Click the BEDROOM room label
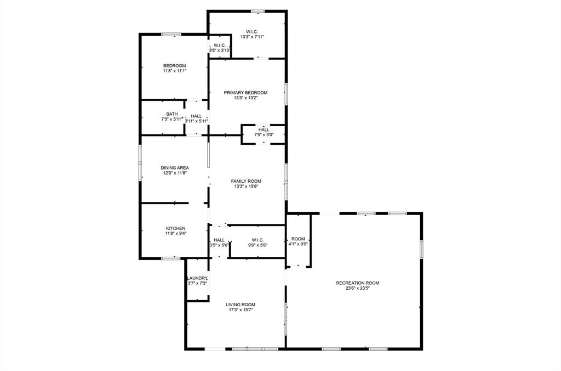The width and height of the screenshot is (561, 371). pos(174,65)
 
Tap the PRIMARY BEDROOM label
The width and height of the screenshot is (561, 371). pos(245,92)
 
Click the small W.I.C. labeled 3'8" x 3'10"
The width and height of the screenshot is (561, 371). pos(219,46)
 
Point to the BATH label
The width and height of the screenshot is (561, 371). pos(171,114)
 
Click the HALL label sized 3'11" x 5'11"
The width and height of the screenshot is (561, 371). pos(196,116)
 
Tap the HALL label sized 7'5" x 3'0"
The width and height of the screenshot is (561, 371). pos(264,130)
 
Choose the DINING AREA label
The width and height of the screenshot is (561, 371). pos(175,167)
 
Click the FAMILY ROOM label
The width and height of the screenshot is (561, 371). pos(245,181)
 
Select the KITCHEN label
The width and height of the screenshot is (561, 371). pos(176,228)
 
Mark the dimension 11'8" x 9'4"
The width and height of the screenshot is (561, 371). pos(176,233)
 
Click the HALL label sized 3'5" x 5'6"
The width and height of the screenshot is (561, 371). pos(219,240)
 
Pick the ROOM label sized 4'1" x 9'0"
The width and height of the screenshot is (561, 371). pos(298,239)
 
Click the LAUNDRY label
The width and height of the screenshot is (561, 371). pos(197,278)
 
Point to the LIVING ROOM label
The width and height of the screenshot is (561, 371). pos(241,304)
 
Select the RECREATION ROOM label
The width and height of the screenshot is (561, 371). pos(357,283)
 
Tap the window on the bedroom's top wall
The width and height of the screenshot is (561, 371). pos(171,35)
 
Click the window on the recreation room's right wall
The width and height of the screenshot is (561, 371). pos(421,249)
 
